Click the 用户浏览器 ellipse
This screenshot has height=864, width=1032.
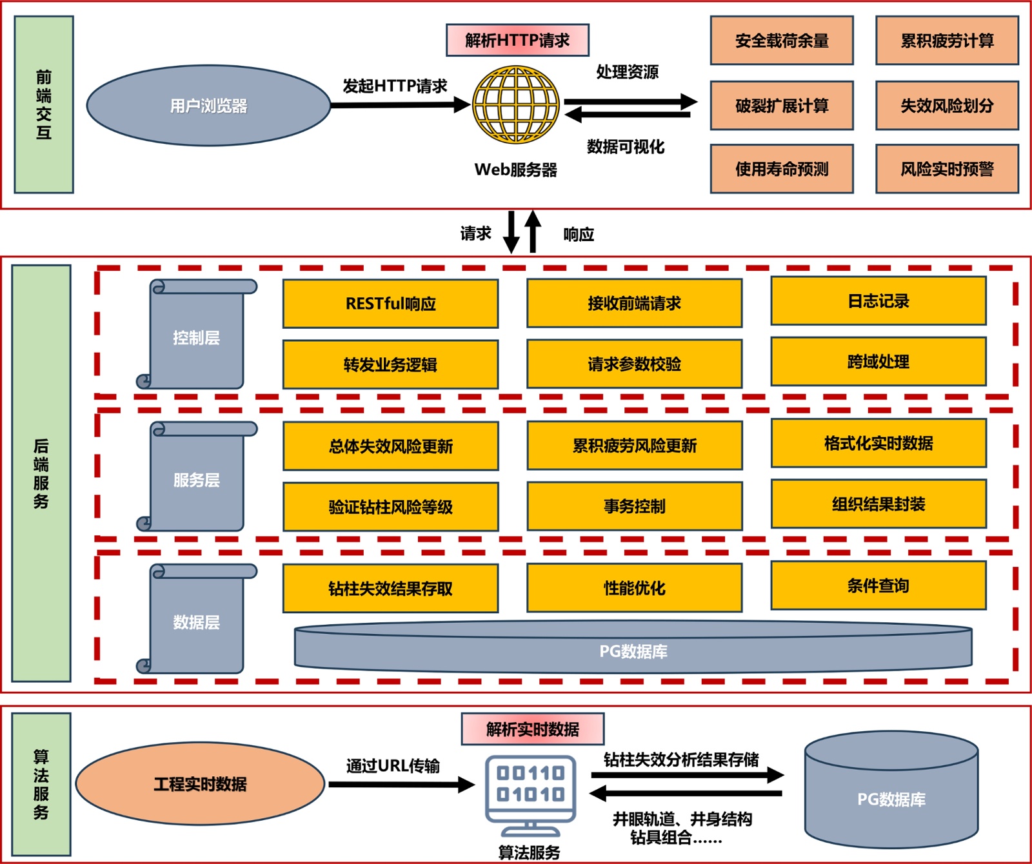pyautogui.click(x=208, y=106)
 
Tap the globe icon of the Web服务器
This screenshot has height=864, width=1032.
pyautogui.click(x=516, y=104)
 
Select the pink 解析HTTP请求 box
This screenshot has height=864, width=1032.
pyautogui.click(x=517, y=40)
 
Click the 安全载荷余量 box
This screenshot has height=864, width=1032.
pyautogui.click(x=782, y=41)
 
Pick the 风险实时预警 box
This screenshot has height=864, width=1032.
pyautogui.click(x=947, y=169)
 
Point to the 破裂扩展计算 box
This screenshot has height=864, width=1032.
pyautogui.click(x=782, y=105)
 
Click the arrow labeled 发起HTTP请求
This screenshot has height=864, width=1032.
pyautogui.click(x=400, y=104)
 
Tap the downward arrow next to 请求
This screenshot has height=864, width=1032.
pyautogui.click(x=511, y=232)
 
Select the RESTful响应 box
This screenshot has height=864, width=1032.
pyautogui.click(x=390, y=304)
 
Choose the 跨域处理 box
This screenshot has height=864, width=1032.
pyautogui.click(x=878, y=362)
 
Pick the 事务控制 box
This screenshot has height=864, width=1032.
pyautogui.click(x=635, y=507)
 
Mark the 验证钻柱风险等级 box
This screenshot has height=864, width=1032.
pyautogui.click(x=390, y=507)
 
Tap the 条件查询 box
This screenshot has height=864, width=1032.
pyautogui.click(x=878, y=585)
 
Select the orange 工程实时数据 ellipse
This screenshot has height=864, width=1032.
pyautogui.click(x=200, y=784)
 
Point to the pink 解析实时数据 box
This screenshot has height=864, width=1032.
pyautogui.click(x=533, y=729)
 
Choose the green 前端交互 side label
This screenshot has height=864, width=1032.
pyautogui.click(x=44, y=104)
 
